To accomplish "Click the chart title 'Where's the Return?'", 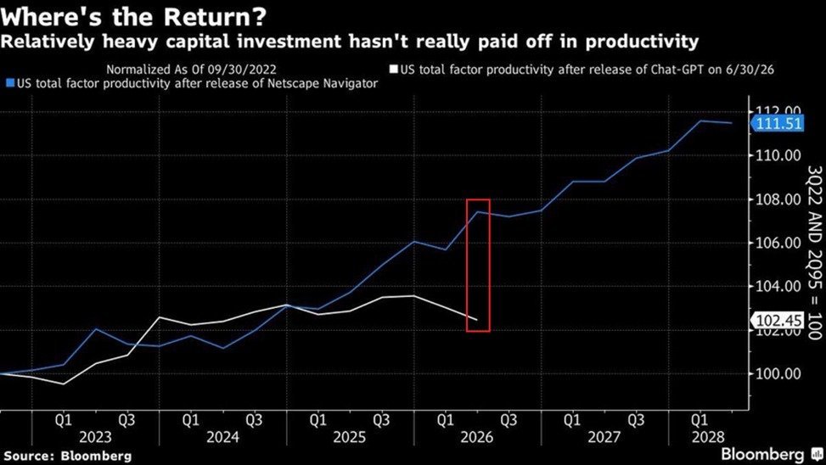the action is click(133, 17).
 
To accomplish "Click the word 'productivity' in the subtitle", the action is click(642, 41).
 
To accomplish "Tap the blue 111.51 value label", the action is click(779, 124).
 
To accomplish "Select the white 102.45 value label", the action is click(779, 320).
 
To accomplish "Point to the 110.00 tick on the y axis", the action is click(778, 155).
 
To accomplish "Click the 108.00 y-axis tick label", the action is click(778, 199).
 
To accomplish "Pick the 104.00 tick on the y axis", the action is click(778, 287).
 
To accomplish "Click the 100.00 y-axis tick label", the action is click(778, 374).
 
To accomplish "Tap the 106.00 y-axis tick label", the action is click(778, 244).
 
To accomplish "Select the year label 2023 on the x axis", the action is click(95, 437).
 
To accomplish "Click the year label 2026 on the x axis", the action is click(477, 437).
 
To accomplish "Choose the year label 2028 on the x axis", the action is click(708, 437).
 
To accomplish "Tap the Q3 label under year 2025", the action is click(381, 420).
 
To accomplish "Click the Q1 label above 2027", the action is click(572, 420).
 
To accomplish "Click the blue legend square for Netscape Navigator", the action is click(10, 83).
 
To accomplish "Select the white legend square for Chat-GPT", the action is click(394, 70).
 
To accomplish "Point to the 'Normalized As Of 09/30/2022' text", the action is click(191, 70).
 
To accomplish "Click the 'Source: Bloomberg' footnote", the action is click(68, 456).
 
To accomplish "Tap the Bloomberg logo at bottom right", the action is click(771, 455).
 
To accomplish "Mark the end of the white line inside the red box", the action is click(477, 320).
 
